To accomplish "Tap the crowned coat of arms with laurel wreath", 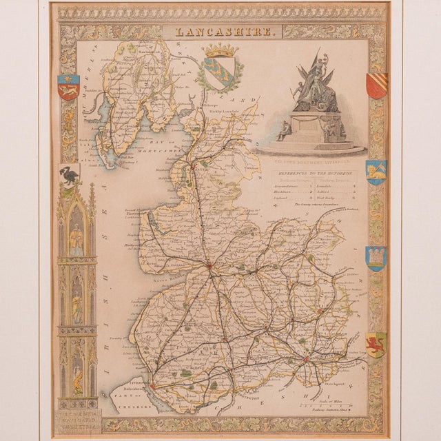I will click(220, 68).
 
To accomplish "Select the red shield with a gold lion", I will click(68, 88).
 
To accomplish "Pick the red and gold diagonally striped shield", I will click(376, 85).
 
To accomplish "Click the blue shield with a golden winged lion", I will click(376, 172).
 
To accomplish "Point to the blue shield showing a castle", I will click(376, 258).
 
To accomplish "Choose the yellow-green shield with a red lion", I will click(376, 345).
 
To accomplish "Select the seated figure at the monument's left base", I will click(284, 130).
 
